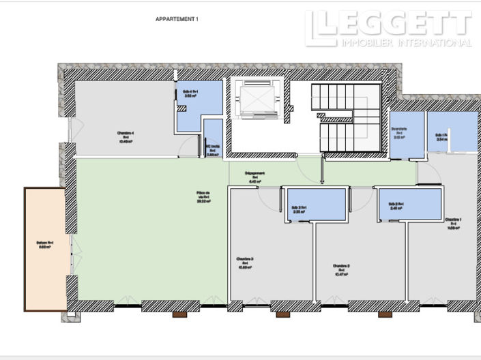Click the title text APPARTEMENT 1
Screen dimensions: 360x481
tap(177, 20)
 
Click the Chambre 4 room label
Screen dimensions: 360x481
tap(126, 137)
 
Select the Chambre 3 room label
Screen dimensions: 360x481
tap(245, 262)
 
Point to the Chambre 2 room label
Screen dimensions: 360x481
tap(341, 269)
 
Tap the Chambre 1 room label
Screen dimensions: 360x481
tap(453, 223)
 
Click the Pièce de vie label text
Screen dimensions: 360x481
tap(203, 197)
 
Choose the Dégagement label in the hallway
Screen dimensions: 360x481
tap(255, 177)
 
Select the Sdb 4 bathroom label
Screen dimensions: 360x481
tap(190, 93)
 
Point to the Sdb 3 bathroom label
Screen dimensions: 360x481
tap(299, 209)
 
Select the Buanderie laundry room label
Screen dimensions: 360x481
tap(399, 131)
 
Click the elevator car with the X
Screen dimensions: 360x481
tap(255, 100)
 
